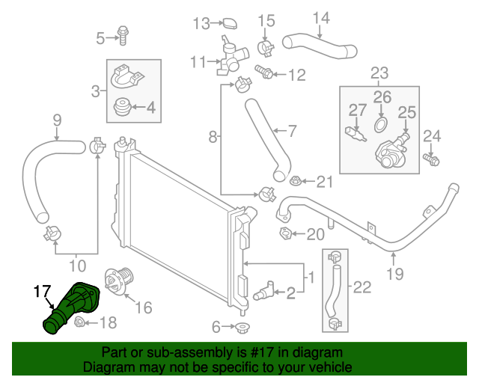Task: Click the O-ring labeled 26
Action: point(381,122)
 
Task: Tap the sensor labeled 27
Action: point(356,136)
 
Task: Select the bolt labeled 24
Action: point(430,159)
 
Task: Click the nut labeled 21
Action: point(296,180)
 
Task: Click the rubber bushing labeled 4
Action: point(120,109)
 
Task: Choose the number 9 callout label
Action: point(55,120)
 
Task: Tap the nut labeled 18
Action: point(84,323)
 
